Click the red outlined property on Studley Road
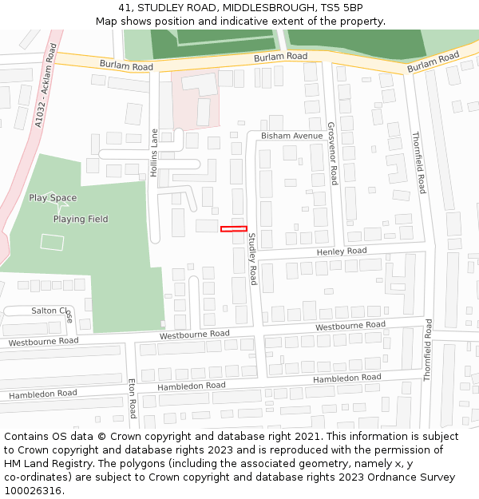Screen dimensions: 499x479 click(x=234, y=229)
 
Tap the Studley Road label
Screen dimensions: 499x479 click(x=252, y=259)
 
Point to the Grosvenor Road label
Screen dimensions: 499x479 click(x=333, y=153)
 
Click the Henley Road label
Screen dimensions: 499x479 click(x=341, y=251)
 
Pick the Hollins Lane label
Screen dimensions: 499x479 click(x=154, y=152)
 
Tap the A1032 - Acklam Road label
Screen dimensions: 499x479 click(x=46, y=86)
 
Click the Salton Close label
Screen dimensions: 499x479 click(x=52, y=311)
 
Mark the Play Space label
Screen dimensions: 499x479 click(x=53, y=198)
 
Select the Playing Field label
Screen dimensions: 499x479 click(x=81, y=219)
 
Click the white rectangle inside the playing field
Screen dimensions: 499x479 click(x=52, y=242)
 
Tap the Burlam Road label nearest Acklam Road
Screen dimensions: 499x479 click(x=125, y=65)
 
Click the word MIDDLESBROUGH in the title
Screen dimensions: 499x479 click(x=263, y=8)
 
